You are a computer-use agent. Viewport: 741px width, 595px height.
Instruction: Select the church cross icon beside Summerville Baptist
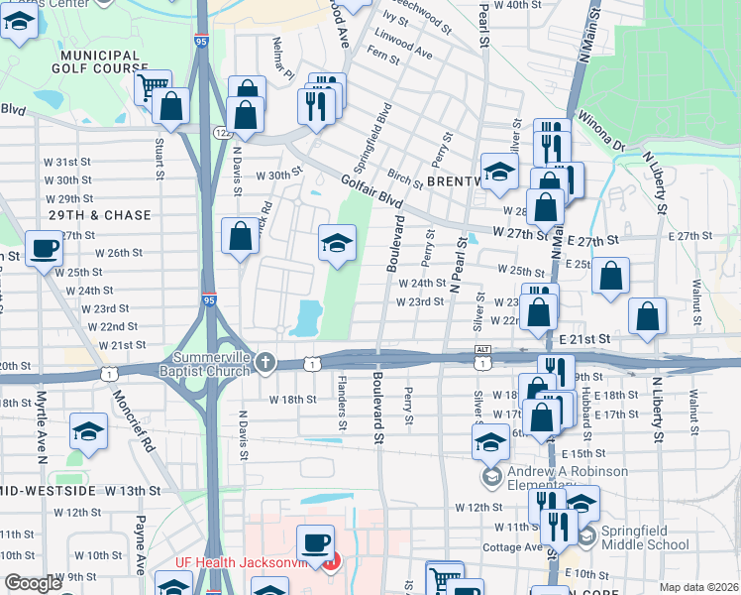[x=265, y=362]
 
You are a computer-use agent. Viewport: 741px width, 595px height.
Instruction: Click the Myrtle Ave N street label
[x=42, y=426]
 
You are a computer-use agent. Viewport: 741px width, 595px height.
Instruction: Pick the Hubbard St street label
[x=586, y=408]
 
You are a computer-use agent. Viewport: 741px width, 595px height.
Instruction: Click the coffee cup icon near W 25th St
[x=42, y=250]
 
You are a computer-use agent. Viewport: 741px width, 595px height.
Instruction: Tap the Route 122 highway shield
[x=222, y=132]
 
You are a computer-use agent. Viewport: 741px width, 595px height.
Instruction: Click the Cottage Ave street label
[x=512, y=547]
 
